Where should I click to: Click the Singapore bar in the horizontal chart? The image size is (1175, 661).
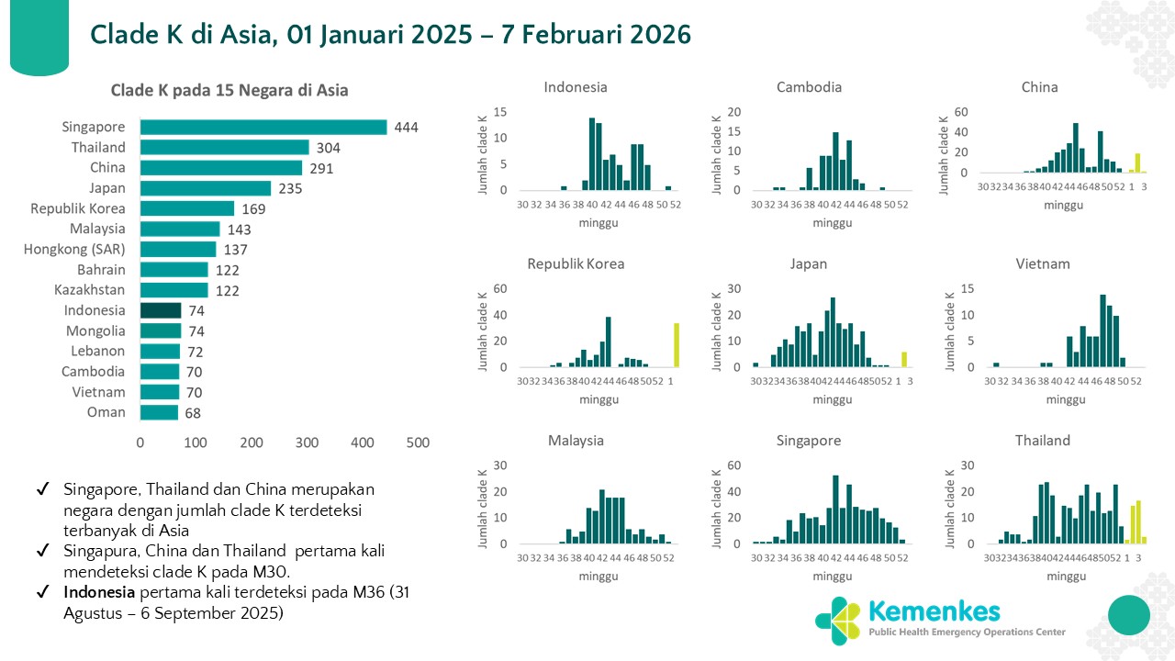pyautogui.click(x=263, y=127)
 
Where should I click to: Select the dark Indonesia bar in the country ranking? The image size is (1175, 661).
pyautogui.click(x=161, y=310)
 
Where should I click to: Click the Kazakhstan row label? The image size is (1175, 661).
pyautogui.click(x=88, y=290)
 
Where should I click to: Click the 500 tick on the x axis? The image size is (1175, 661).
pyautogui.click(x=418, y=443)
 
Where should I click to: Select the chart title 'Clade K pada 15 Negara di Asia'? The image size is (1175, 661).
pyautogui.click(x=229, y=90)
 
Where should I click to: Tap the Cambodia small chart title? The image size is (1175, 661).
pyautogui.click(x=809, y=87)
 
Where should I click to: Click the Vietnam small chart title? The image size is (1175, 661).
pyautogui.click(x=1043, y=263)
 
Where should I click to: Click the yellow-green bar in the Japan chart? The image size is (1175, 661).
pyautogui.click(x=903, y=359)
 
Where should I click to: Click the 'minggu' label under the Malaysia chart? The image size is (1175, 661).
pyautogui.click(x=599, y=577)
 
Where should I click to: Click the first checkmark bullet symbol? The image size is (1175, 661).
pyautogui.click(x=42, y=489)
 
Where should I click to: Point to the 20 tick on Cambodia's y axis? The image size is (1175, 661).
pyautogui.click(x=734, y=112)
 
